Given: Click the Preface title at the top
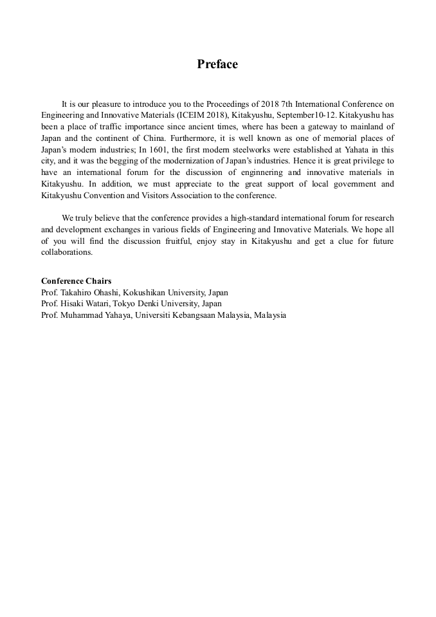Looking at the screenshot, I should (217, 64).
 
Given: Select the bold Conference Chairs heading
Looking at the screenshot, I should (76, 281).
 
